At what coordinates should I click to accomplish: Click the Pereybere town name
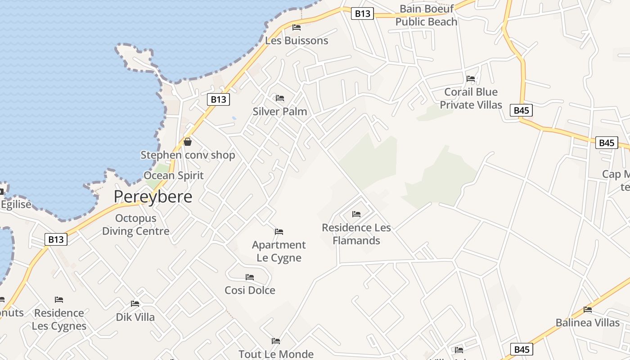(x=153, y=197)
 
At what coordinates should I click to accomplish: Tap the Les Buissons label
(x=297, y=40)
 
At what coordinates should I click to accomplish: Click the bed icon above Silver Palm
(x=280, y=98)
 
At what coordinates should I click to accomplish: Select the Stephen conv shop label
(x=188, y=155)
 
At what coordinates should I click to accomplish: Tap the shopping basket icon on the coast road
(x=188, y=142)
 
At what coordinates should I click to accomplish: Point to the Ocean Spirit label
(x=174, y=175)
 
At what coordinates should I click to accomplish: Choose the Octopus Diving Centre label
(x=136, y=225)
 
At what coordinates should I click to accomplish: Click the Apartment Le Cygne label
(x=279, y=251)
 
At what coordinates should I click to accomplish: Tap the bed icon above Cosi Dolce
(x=250, y=277)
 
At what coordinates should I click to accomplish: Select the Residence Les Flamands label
(x=356, y=234)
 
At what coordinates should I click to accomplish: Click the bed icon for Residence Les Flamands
(x=356, y=214)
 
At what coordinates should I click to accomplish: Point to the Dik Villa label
(x=135, y=317)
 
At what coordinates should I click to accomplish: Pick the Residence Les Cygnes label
(x=59, y=319)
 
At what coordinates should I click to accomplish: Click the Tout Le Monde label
(x=276, y=354)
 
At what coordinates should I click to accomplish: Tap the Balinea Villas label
(x=588, y=323)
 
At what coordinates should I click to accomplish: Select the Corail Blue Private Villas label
(x=471, y=98)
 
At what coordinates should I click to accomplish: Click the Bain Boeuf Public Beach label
(x=426, y=15)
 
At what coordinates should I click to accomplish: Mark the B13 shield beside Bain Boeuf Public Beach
(x=362, y=13)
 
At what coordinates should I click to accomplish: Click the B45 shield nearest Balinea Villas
(x=522, y=349)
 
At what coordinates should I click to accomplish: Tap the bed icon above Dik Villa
(x=135, y=304)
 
